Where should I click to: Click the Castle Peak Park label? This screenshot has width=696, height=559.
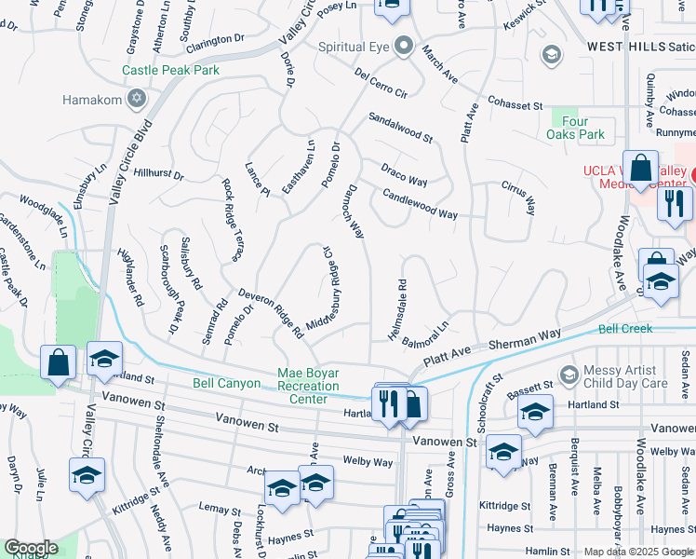(170, 70)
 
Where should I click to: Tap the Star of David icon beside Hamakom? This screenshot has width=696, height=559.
(137, 99)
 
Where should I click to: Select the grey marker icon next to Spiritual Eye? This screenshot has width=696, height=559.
(402, 46)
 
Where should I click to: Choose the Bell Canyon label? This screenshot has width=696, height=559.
(226, 383)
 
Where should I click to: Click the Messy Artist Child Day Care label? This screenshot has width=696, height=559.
(626, 376)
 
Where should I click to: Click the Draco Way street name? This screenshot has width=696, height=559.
(404, 174)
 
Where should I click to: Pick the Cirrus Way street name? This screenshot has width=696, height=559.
(518, 198)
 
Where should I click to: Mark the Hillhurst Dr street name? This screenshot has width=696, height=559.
(158, 173)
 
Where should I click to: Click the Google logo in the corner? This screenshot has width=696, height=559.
(30, 548)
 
